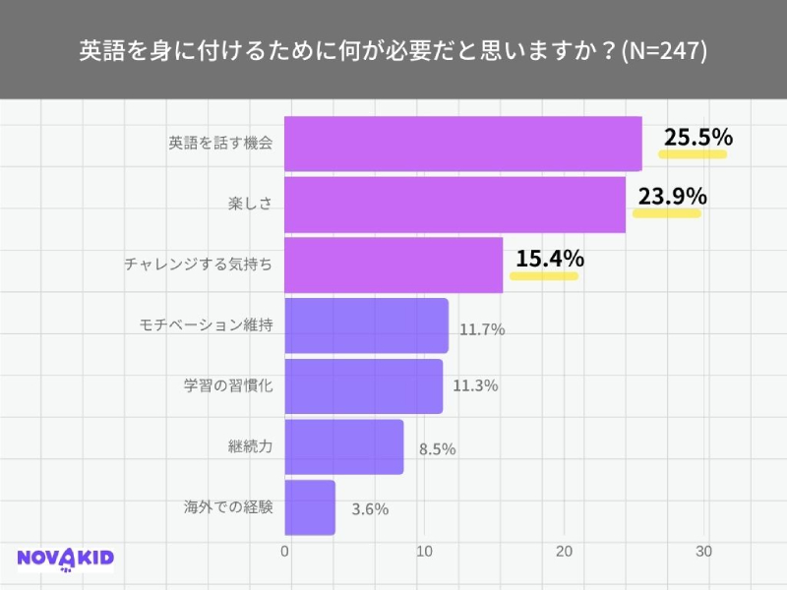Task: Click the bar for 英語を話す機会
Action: [462, 144]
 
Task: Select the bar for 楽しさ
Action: [454, 205]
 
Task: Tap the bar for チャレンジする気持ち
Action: [393, 265]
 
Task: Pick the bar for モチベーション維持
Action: [366, 325]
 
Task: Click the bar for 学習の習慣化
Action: [363, 385]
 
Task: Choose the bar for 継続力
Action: [343, 446]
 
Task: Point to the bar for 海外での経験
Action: [310, 507]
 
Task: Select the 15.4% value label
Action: [550, 260]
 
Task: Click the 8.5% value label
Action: [437, 449]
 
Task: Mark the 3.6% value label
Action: [370, 509]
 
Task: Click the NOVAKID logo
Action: [66, 560]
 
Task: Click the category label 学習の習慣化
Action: [228, 385]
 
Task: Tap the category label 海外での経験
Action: [228, 507]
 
